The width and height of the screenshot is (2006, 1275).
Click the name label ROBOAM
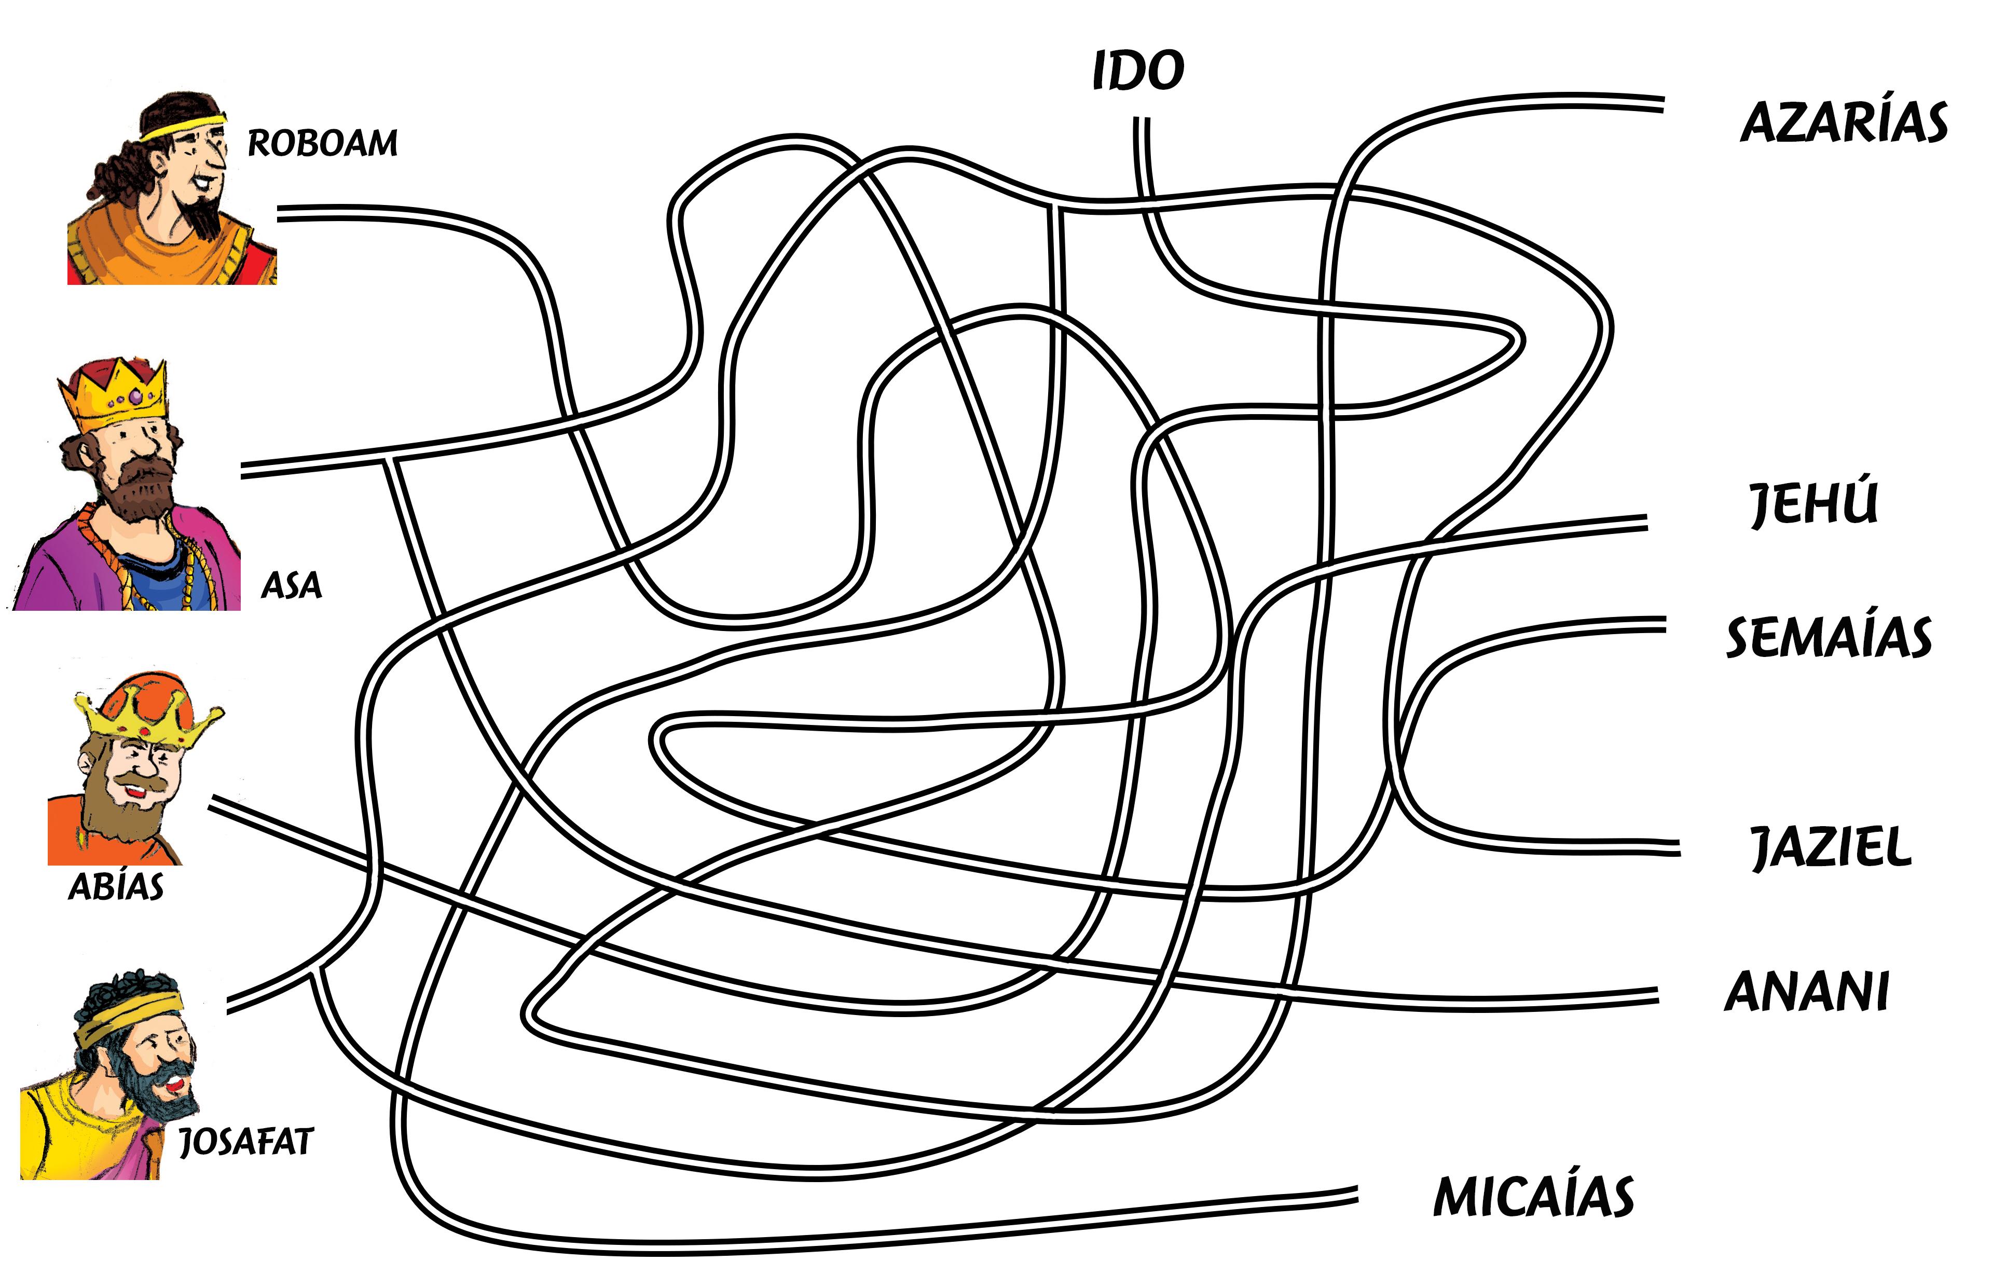322,143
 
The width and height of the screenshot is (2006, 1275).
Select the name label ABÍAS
116,887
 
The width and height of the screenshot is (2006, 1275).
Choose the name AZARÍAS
1844,124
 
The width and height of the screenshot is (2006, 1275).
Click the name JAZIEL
1830,848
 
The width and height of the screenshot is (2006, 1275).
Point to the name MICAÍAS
1533,1198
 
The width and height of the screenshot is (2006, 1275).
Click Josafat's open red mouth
174,1085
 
